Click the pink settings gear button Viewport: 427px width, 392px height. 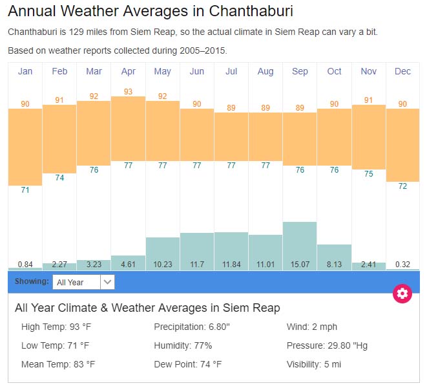coord(402,294)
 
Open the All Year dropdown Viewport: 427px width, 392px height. coord(83,282)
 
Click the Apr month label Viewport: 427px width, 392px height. coord(128,71)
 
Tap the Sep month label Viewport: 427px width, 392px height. coord(300,71)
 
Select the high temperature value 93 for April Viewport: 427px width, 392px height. coord(128,91)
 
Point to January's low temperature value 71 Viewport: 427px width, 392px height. coord(25,190)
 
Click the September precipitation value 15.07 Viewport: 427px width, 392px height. coord(300,264)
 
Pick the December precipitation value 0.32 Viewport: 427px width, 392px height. coord(402,264)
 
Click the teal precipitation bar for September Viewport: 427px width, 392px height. coord(300,239)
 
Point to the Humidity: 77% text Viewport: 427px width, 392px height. coord(183,345)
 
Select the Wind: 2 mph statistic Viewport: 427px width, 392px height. coord(312,327)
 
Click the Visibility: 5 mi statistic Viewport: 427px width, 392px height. coord(314,364)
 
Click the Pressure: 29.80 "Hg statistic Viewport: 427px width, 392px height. coord(327,345)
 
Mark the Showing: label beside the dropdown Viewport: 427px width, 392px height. coord(32,282)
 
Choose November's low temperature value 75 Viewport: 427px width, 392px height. coord(368,174)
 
